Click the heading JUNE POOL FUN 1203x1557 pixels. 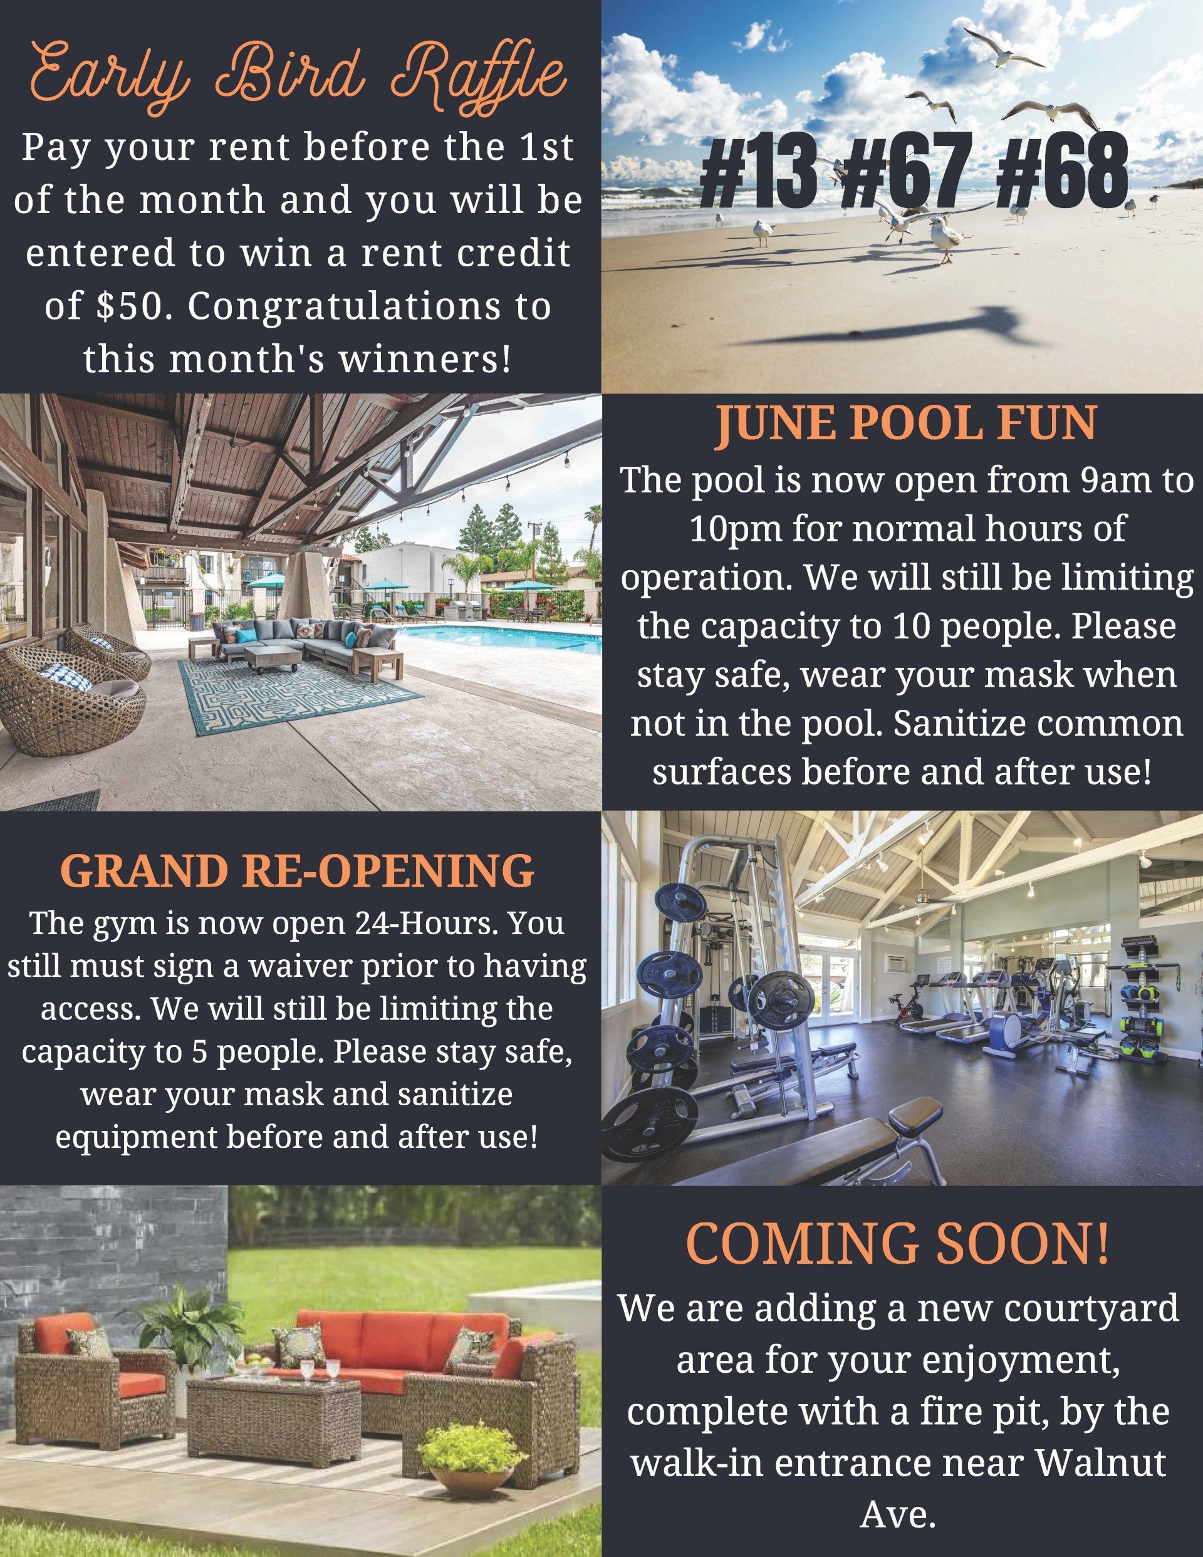pyautogui.click(x=905, y=425)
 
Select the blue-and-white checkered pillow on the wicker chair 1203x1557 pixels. pyautogui.click(x=64, y=677)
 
